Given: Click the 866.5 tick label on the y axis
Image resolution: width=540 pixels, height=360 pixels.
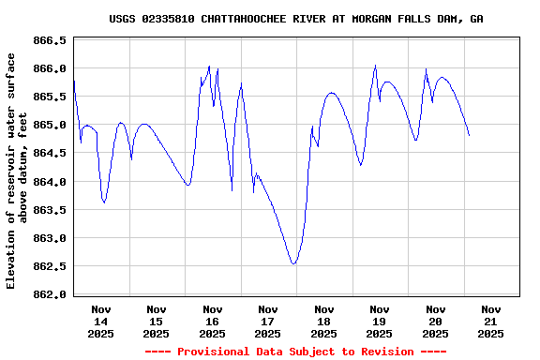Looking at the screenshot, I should [50, 41].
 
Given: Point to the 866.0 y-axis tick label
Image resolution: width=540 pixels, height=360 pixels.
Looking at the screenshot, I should [50, 69].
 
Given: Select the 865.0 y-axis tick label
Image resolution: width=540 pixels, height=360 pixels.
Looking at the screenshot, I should [50, 126].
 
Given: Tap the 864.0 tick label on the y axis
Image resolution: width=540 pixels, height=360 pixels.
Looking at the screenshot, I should [50, 182].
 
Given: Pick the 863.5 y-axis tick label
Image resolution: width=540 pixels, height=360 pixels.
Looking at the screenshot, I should [50, 210].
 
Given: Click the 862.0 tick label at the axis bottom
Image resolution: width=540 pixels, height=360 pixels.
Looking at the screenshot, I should [50, 294].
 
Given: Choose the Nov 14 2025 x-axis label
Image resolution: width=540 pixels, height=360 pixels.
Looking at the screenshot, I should [101, 321].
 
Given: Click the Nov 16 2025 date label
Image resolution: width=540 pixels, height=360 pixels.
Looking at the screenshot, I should [213, 321].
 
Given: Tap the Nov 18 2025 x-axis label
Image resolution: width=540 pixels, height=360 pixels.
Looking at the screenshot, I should [324, 321].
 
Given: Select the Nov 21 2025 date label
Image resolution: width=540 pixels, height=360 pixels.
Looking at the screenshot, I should [491, 321].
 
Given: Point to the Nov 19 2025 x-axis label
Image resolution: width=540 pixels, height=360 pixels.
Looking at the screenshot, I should [380, 321].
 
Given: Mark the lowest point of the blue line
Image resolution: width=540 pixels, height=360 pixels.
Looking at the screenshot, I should [293, 264].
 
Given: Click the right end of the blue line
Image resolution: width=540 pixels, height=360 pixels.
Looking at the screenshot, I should [469, 136].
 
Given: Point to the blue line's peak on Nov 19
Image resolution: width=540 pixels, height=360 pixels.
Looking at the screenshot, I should [375, 65].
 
